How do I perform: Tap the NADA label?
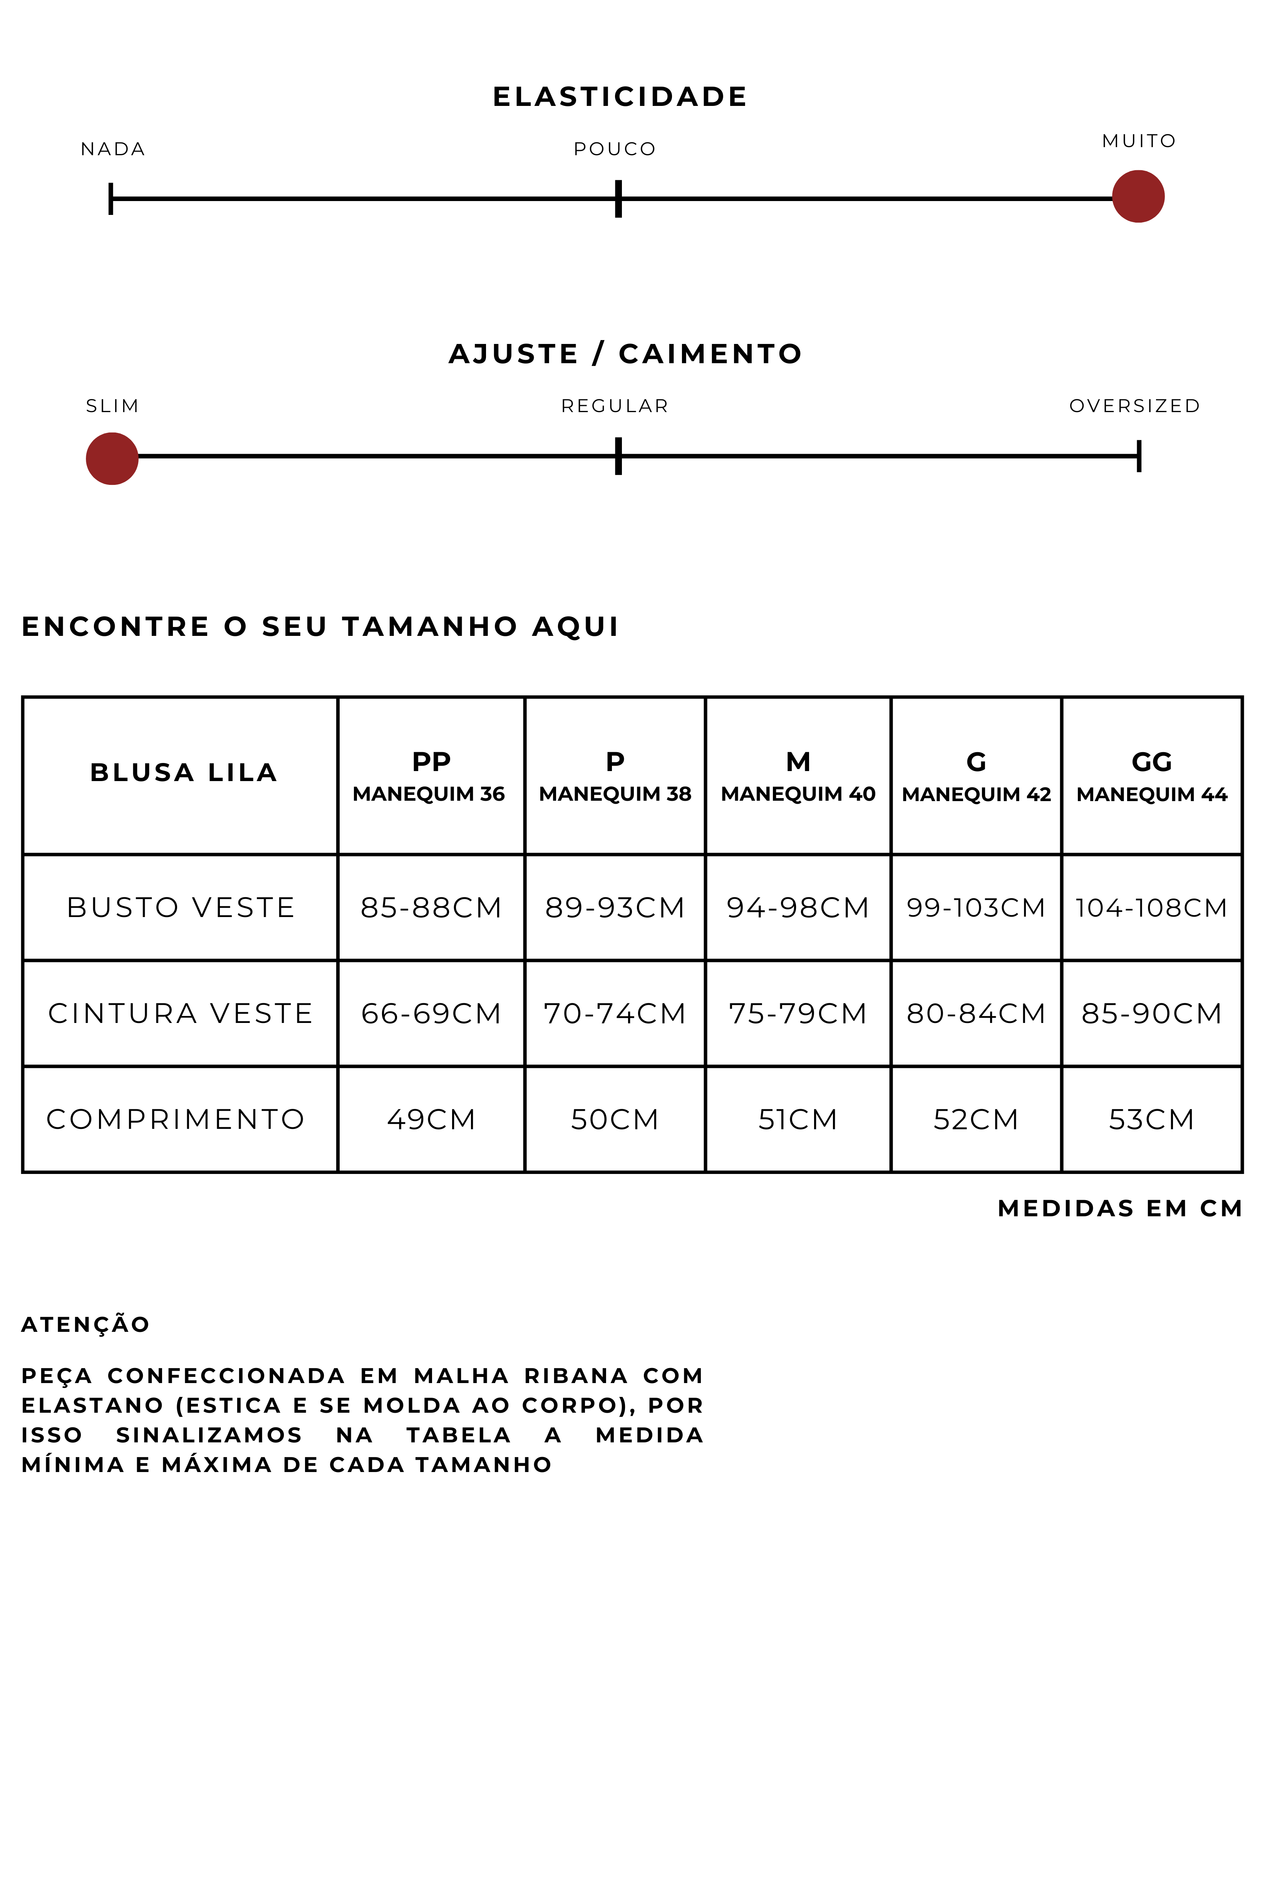click(113, 149)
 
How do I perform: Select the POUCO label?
click(615, 149)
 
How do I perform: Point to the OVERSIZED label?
click(1134, 406)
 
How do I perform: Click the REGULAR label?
click(615, 406)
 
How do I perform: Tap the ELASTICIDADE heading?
click(620, 97)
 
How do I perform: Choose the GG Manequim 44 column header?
click(1151, 776)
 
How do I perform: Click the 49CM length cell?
click(431, 1119)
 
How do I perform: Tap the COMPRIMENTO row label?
click(176, 1119)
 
